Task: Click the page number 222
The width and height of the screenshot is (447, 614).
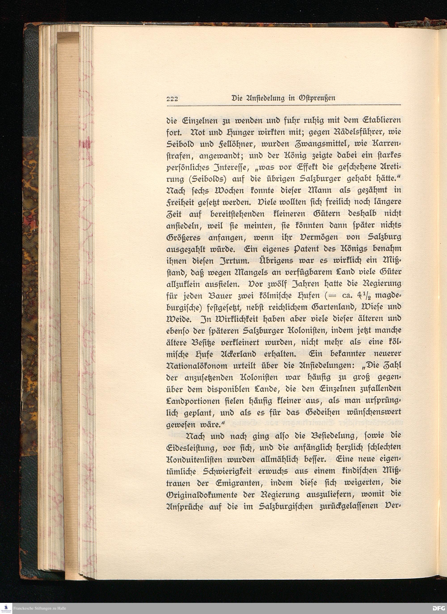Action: (172, 99)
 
